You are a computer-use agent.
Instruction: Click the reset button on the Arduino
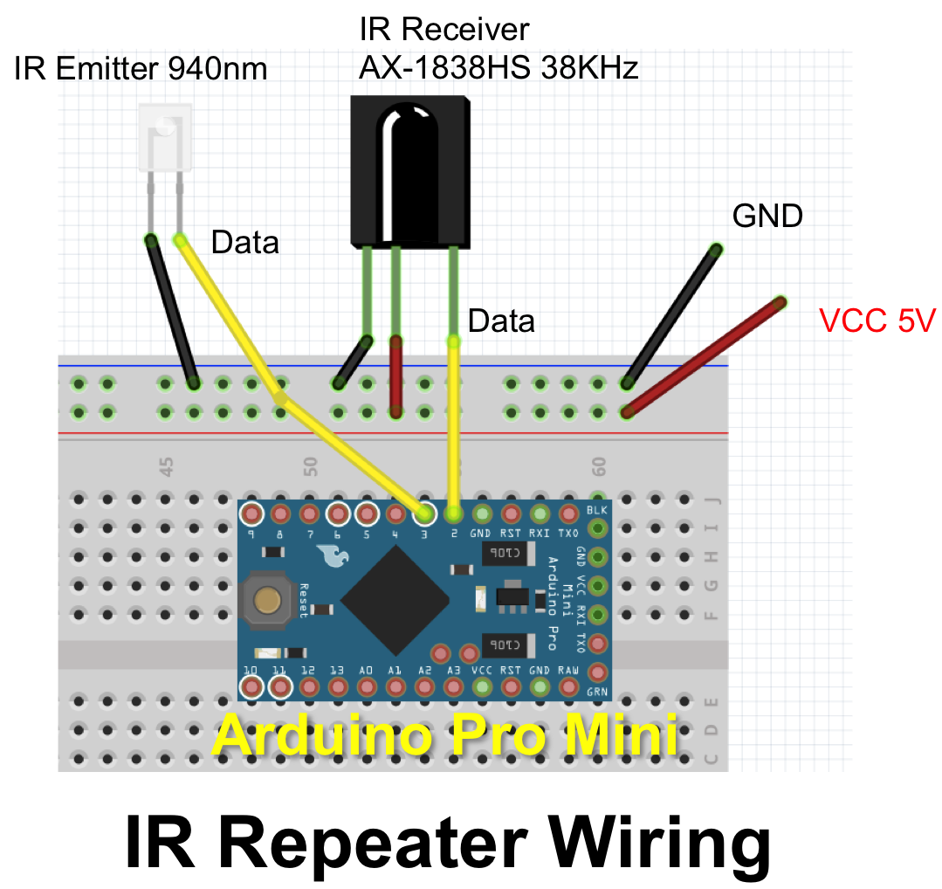coord(267,600)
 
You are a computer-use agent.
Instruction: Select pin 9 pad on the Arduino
coord(251,513)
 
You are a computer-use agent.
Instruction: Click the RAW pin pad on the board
coord(568,687)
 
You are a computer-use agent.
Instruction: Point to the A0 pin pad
coord(366,687)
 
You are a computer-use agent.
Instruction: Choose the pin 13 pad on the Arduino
coord(337,687)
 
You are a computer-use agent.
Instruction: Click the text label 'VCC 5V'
coord(877,321)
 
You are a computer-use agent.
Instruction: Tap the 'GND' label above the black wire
coord(767,216)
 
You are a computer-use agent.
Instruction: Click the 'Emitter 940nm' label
coord(162,67)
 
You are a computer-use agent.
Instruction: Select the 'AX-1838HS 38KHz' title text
coord(499,67)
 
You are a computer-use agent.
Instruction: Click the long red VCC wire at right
coord(704,356)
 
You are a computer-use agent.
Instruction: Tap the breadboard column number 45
coord(167,465)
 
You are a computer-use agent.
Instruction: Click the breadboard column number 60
coord(598,465)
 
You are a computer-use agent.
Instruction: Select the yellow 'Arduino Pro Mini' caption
coord(444,735)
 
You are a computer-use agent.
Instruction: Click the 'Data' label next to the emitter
coord(244,243)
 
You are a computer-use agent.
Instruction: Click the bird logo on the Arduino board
coord(329,555)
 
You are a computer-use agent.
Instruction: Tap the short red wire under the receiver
coord(395,376)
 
